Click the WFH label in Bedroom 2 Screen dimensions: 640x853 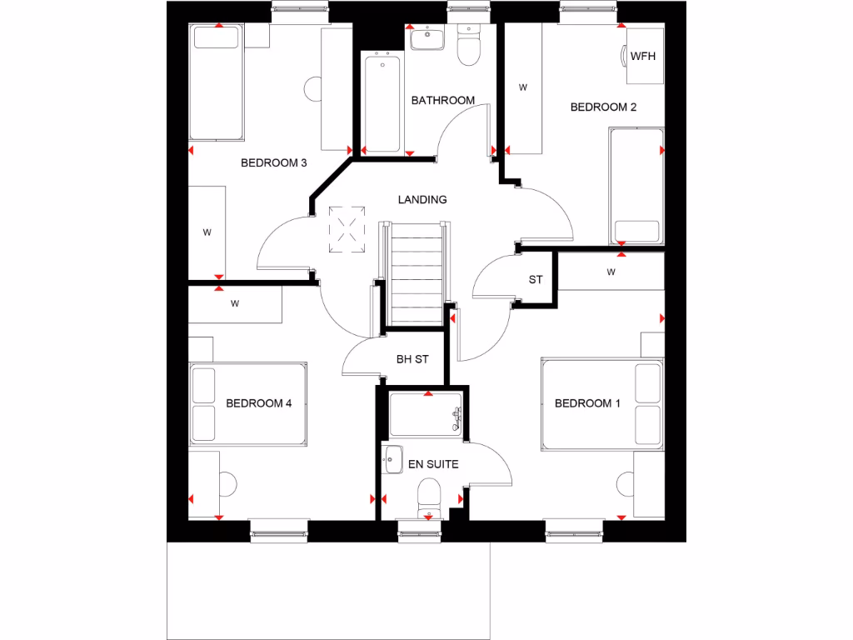click(x=641, y=57)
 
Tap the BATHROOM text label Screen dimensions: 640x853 click(x=443, y=100)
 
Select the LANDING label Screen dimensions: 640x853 click(x=422, y=199)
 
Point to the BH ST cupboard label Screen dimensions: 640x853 click(x=412, y=359)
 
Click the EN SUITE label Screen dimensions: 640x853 click(x=432, y=464)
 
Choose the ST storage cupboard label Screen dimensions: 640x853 click(x=535, y=279)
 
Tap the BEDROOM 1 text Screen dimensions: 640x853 click(x=587, y=403)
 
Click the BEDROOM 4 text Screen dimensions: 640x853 click(x=258, y=403)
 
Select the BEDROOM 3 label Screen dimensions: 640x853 click(x=274, y=162)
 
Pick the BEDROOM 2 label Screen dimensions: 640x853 click(x=603, y=107)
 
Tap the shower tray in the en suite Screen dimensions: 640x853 click(x=426, y=415)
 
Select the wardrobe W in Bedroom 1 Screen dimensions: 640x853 click(x=611, y=272)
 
